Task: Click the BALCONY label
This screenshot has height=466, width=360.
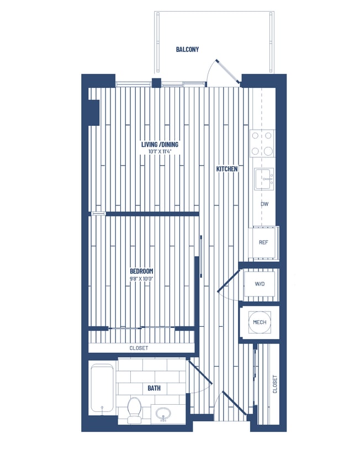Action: (187, 50)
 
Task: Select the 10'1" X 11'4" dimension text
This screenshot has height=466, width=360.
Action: (163, 152)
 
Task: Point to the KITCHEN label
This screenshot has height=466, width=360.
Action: (227, 169)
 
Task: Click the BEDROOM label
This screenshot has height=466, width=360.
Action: (141, 271)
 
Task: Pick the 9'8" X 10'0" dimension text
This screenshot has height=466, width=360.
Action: (141, 278)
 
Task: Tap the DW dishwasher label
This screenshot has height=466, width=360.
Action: (264, 204)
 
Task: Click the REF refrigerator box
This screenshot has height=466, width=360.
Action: (264, 242)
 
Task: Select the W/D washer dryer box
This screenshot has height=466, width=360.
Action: (260, 284)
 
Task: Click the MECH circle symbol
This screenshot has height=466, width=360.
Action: (260, 322)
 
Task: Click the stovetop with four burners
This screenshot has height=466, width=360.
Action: (262, 143)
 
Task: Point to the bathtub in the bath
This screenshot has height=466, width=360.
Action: (102, 389)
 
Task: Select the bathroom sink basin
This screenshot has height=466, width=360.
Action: (163, 414)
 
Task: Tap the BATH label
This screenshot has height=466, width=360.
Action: (154, 388)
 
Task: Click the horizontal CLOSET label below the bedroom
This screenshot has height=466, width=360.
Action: (139, 348)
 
